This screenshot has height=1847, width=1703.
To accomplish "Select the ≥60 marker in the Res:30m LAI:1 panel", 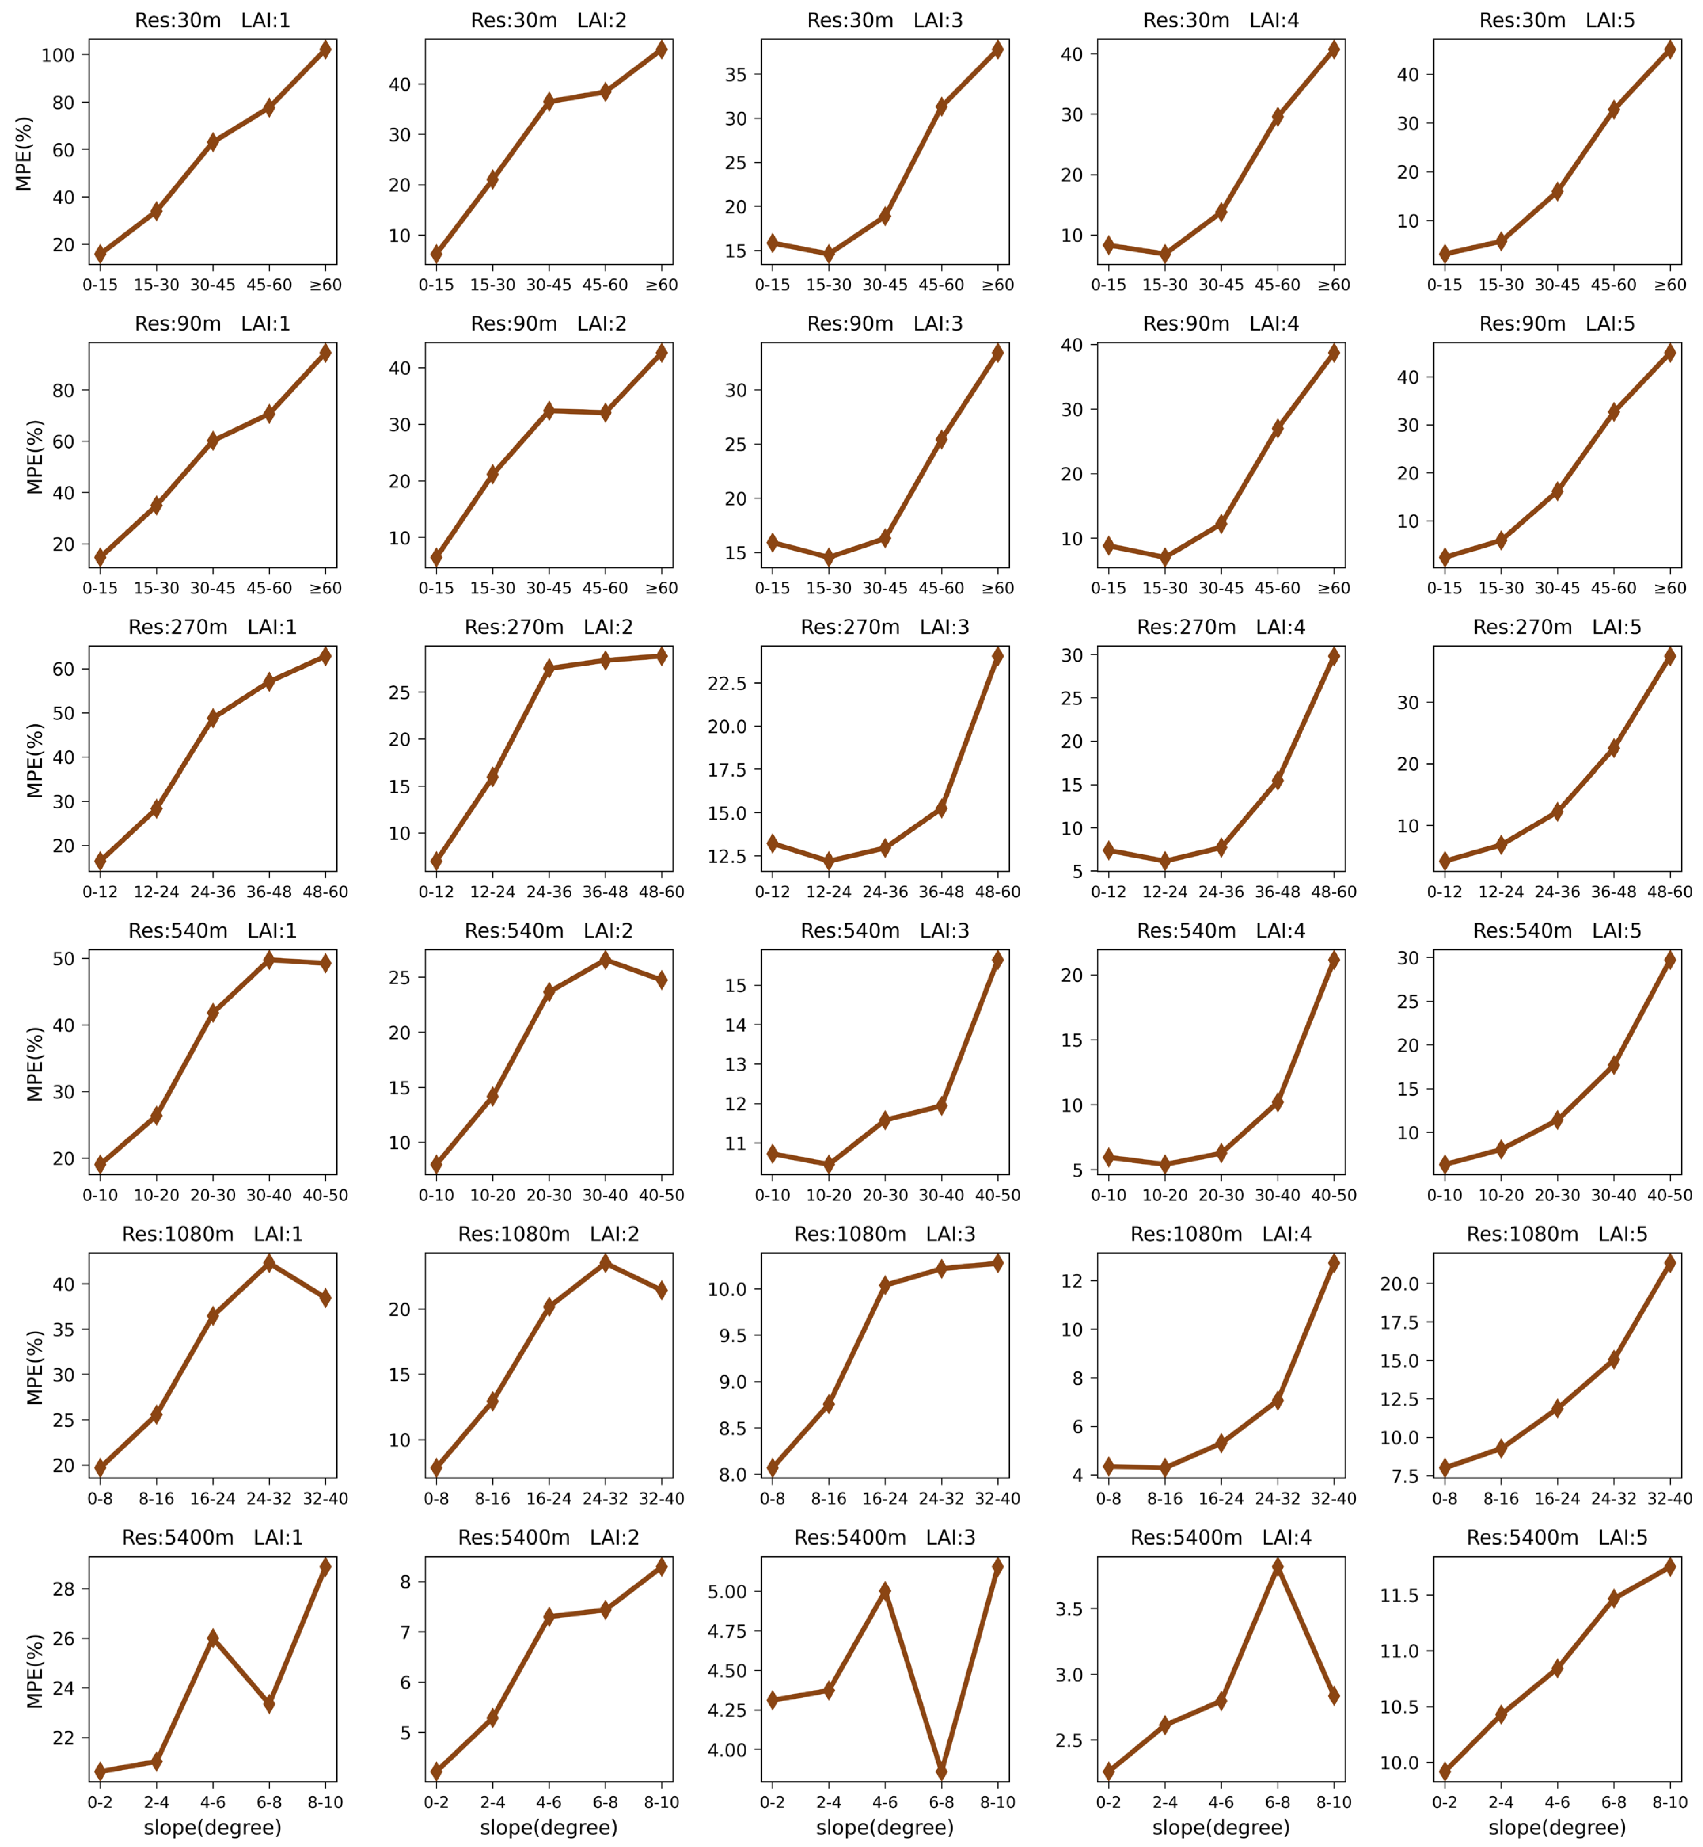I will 325,50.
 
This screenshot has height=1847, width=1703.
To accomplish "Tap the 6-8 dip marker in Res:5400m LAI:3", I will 941,1771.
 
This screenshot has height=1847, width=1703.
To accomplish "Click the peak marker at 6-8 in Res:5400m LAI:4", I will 1277,1567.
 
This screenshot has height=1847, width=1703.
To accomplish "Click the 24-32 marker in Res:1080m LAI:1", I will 269,1263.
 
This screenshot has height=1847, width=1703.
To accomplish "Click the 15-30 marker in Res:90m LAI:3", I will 828,557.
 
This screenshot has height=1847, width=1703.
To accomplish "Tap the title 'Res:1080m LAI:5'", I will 1557,1234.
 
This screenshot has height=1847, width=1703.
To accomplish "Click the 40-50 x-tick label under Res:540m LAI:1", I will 325,1195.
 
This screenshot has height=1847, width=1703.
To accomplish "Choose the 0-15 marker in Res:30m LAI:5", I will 1445,253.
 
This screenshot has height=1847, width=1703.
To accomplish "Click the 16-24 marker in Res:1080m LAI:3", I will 885,1285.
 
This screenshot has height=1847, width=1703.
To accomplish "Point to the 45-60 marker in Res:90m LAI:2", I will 606,413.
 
